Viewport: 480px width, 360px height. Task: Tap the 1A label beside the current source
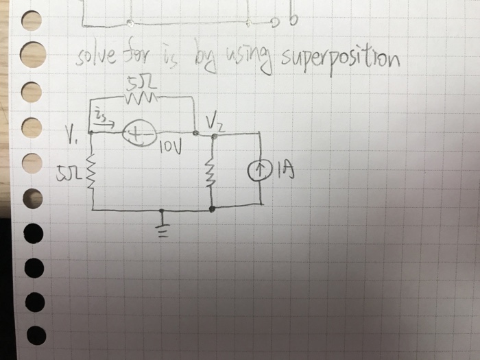(x=284, y=168)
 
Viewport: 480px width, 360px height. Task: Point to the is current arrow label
(x=103, y=121)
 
